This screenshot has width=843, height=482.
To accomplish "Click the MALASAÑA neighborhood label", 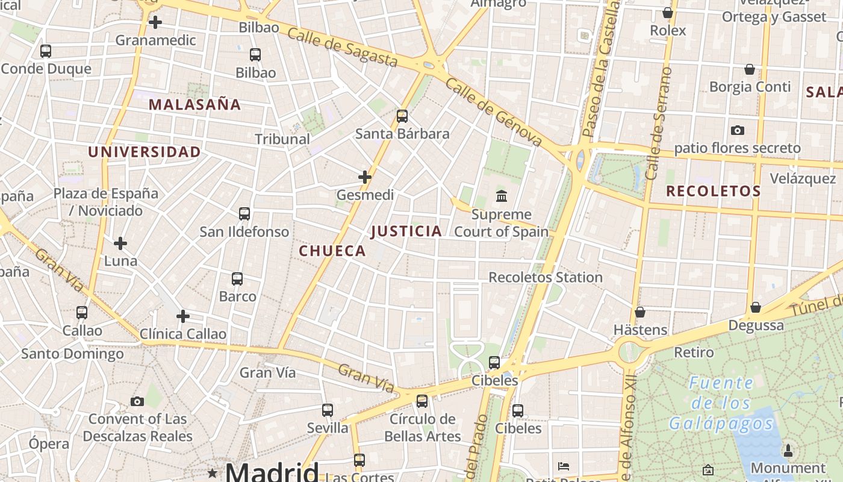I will (194, 105).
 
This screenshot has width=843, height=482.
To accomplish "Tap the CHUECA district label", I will (332, 251).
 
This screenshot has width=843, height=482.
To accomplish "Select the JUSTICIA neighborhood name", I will (406, 231).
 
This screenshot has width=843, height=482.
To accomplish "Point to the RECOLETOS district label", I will (714, 192).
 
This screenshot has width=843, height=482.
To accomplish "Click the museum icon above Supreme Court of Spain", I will (502, 196).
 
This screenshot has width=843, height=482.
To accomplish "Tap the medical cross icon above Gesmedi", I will (365, 177).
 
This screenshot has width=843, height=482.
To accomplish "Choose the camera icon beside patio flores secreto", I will (737, 130).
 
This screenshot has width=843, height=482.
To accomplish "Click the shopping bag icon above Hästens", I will (640, 312).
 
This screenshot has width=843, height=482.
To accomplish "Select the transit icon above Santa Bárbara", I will (402, 116).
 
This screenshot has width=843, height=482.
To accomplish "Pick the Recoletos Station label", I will (545, 278).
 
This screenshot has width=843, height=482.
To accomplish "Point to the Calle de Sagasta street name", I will (343, 47).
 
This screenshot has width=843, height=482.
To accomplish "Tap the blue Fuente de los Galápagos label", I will (721, 404).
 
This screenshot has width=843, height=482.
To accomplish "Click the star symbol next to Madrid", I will (212, 473).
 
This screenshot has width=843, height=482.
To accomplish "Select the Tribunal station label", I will (282, 139).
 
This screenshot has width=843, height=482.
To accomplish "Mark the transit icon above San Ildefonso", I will (244, 214).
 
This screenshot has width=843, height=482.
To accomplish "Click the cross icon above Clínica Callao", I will (183, 316).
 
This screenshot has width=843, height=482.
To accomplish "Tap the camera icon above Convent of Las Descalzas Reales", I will (137, 401).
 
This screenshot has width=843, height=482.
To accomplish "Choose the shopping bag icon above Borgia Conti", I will (750, 69).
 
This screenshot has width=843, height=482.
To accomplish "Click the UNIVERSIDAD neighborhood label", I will (145, 152).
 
